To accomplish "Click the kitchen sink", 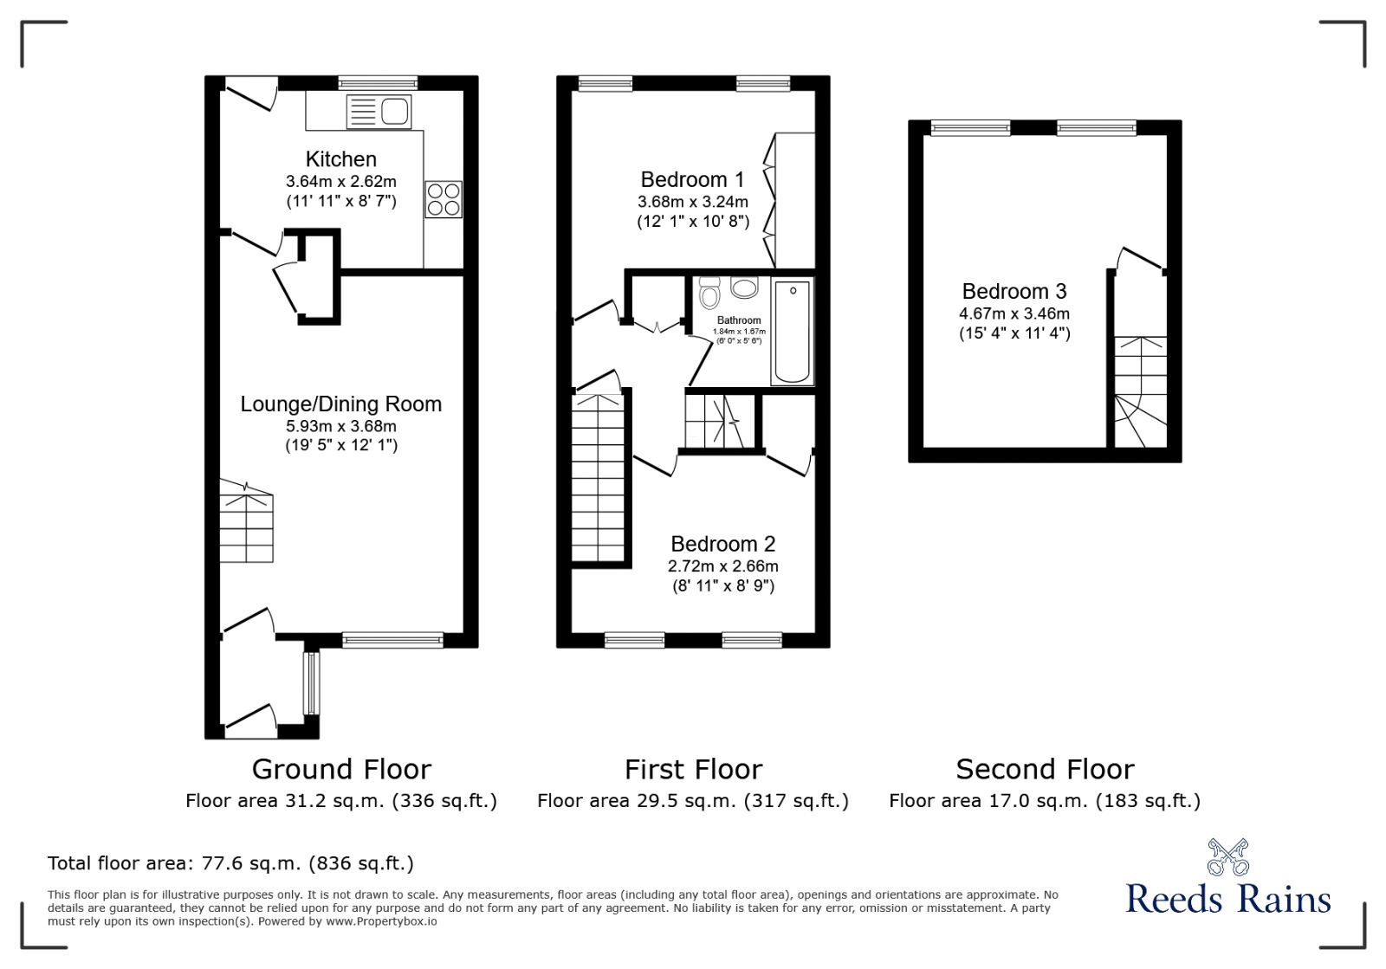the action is click(x=379, y=112).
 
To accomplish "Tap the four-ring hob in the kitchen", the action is click(x=444, y=199).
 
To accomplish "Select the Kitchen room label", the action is click(x=341, y=159).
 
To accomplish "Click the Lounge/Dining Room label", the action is click(x=341, y=404).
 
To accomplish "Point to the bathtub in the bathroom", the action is click(x=792, y=332).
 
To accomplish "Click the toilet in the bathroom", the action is click(x=709, y=293).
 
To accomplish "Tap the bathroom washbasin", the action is click(x=744, y=287).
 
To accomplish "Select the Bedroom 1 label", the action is click(x=692, y=179).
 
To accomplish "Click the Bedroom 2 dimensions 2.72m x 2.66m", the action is click(x=722, y=565).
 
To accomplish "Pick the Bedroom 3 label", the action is click(x=1014, y=291).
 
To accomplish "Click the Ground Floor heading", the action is click(x=341, y=769).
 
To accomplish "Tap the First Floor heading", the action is click(x=693, y=769).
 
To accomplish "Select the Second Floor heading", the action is click(x=1045, y=769).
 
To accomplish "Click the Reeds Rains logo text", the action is click(x=1227, y=899).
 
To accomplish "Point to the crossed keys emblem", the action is click(x=1228, y=856).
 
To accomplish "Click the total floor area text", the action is click(x=230, y=862).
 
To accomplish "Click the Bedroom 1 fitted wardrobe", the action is click(x=789, y=200).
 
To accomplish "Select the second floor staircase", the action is click(x=1140, y=391).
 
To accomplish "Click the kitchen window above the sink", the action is click(x=378, y=83).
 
